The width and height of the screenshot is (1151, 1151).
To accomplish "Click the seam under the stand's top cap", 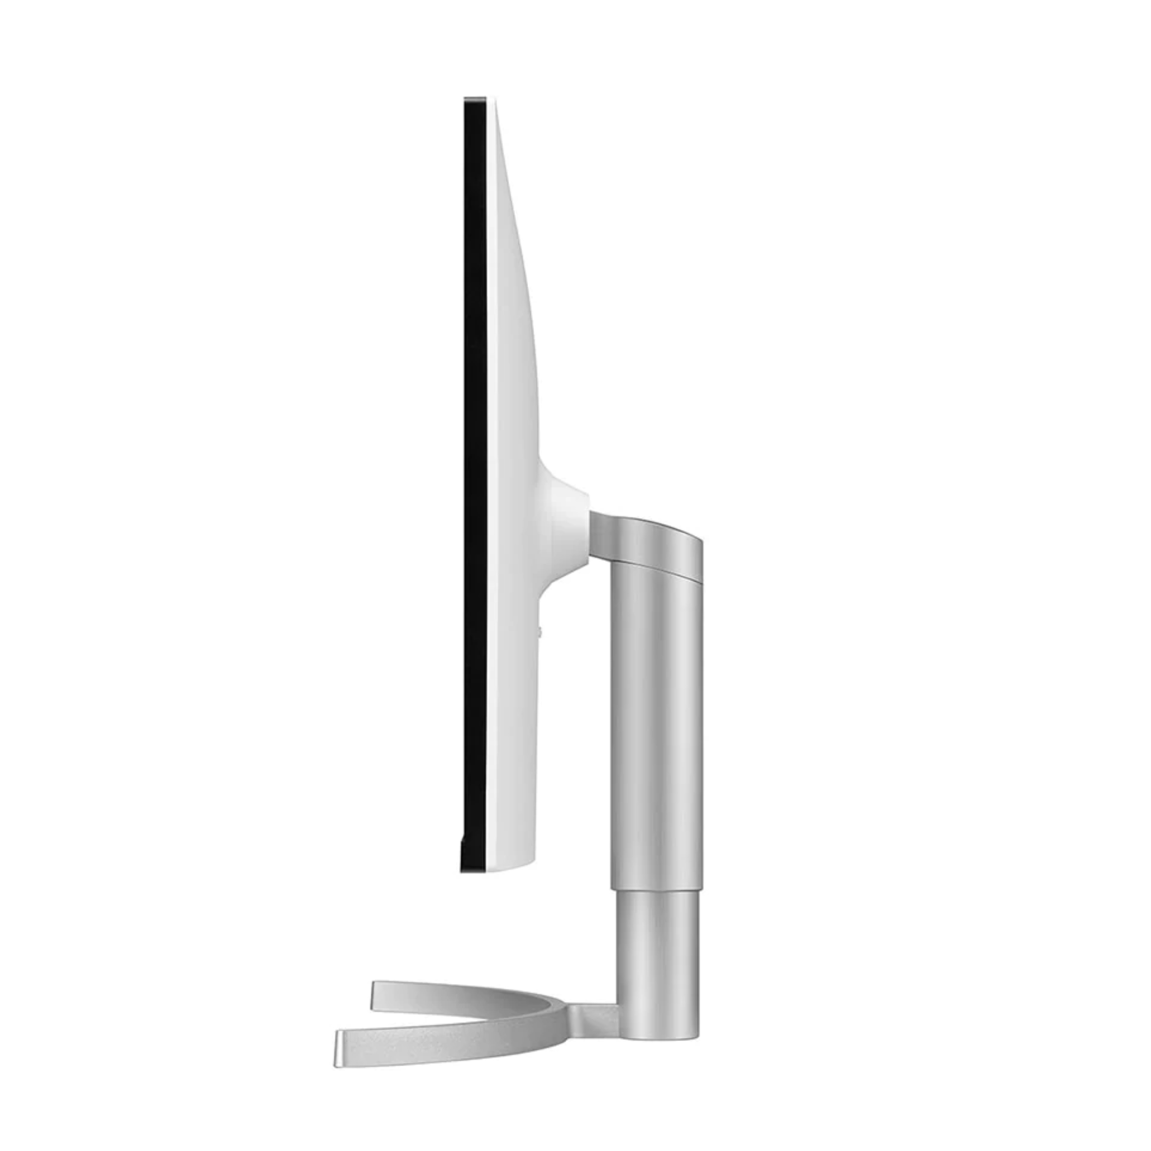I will [x=655, y=567].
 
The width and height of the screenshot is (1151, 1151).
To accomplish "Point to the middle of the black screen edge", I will [x=475, y=482].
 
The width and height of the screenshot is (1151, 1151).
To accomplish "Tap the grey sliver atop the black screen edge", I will [x=474, y=97].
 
